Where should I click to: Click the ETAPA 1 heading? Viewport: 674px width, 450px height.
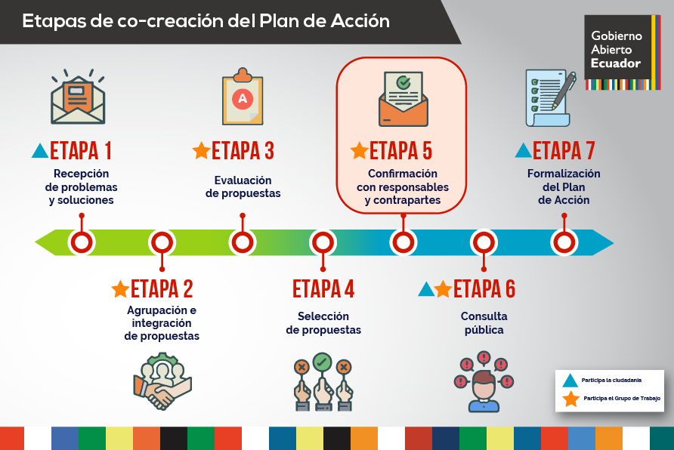click(81, 151)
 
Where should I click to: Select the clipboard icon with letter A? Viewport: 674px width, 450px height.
click(243, 97)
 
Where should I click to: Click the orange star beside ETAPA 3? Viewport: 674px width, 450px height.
click(201, 151)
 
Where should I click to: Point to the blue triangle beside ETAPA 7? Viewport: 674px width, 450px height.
click(523, 151)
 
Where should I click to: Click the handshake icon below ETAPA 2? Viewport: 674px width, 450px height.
click(162, 381)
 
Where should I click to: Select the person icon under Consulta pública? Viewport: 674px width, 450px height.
click(484, 382)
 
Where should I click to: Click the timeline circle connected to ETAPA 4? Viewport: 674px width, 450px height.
click(323, 242)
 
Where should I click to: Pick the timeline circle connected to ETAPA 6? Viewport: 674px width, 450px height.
click(484, 242)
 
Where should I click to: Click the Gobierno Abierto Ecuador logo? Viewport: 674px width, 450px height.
click(623, 52)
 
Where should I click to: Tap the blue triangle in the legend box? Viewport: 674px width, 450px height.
click(570, 381)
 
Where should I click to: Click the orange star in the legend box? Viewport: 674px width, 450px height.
click(570, 399)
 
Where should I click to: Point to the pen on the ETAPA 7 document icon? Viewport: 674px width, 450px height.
click(564, 91)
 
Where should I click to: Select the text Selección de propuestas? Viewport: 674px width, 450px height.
click(323, 323)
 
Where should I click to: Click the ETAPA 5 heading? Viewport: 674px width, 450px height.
click(400, 151)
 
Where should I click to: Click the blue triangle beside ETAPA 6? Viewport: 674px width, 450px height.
click(426, 289)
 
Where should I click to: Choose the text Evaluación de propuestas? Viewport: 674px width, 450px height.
click(243, 186)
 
